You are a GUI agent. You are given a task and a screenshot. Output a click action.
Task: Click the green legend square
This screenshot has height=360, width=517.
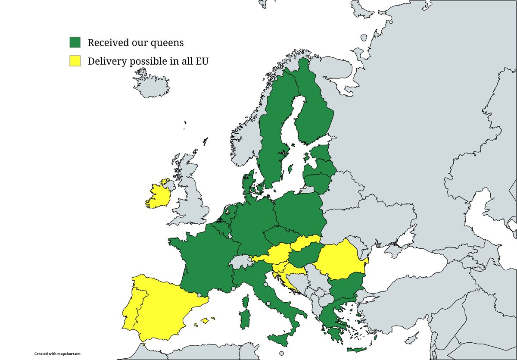click(75, 42)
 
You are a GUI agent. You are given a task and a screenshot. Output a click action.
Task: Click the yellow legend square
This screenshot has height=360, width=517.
click(75, 61)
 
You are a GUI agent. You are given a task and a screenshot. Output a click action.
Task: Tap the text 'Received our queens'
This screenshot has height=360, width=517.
click(135, 43)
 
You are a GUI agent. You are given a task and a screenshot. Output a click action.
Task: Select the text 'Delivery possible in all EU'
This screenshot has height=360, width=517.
click(148, 61)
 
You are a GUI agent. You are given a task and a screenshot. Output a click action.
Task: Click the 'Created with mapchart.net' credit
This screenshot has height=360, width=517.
click(57, 354)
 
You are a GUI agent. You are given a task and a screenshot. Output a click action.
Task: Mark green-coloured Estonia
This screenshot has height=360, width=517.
click(320, 153)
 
